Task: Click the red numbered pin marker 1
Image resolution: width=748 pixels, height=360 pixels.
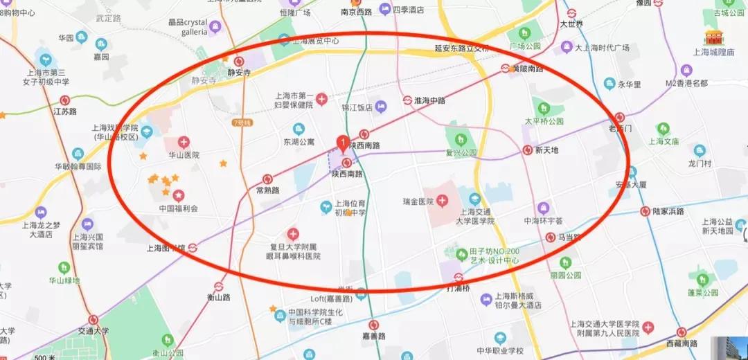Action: pyautogui.click(x=342, y=143)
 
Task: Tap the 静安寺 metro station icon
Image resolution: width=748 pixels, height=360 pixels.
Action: pyautogui.click(x=239, y=61)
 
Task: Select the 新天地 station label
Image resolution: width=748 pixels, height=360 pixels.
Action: pyautogui.click(x=546, y=150)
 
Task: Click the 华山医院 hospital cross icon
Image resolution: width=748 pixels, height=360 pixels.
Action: pyautogui.click(x=183, y=142)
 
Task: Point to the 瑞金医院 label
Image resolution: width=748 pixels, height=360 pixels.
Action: pyautogui.click(x=418, y=201)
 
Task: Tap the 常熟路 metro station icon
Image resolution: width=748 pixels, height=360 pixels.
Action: pyautogui.click(x=267, y=179)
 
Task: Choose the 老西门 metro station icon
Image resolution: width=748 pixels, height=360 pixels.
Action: pyautogui.click(x=620, y=118)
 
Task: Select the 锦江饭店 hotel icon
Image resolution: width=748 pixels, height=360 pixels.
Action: pyautogui.click(x=382, y=105)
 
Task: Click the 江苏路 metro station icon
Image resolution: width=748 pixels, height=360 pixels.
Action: pyautogui.click(x=65, y=100)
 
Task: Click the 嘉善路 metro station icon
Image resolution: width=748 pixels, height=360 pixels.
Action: pyautogui.click(x=374, y=324)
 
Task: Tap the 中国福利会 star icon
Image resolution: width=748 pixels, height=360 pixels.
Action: pyautogui.click(x=179, y=195)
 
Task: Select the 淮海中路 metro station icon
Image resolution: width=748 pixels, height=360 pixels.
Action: pyautogui.click(x=409, y=100)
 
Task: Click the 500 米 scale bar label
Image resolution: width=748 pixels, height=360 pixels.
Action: pyautogui.click(x=44, y=357)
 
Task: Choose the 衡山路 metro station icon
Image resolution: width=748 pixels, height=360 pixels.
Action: pyautogui.click(x=218, y=285)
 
